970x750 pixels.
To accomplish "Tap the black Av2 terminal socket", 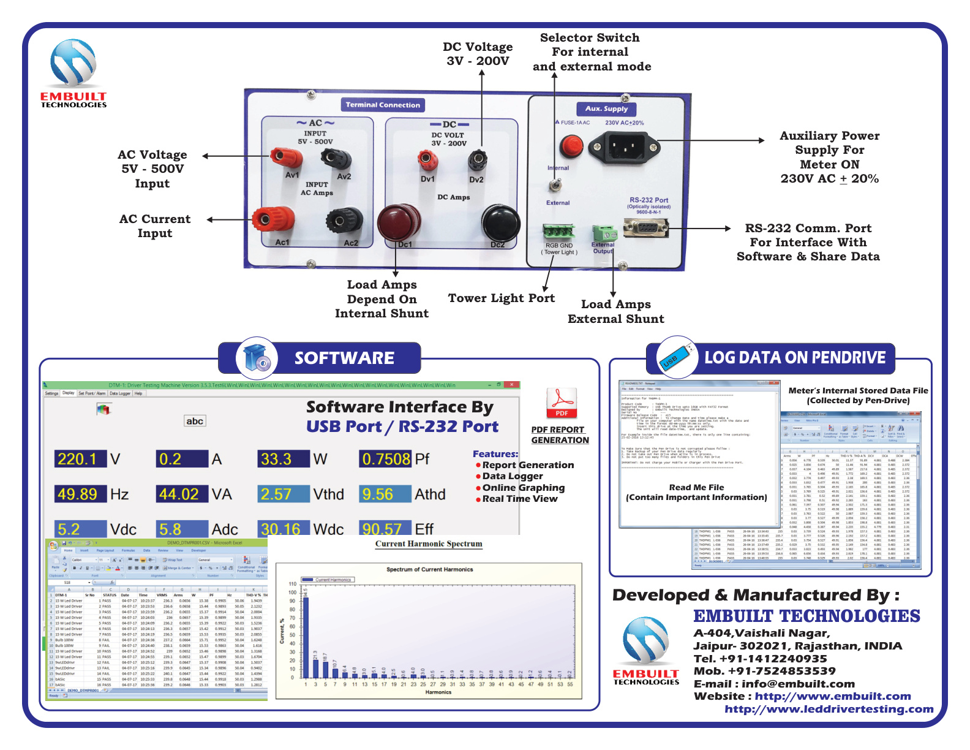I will coord(336,159).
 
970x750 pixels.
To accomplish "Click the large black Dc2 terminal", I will coord(500,223).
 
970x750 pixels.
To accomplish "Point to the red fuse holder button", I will coord(571,146).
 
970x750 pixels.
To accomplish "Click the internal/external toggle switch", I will coord(555,185).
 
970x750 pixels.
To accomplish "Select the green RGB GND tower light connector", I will coord(558,232).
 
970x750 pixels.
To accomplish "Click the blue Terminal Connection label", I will coord(383,105).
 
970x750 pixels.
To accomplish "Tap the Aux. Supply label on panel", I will coord(606,109).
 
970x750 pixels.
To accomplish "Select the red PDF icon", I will coord(562,403).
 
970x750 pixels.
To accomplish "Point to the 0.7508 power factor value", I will coord(385,459).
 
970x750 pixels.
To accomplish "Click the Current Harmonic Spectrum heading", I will coord(429,544).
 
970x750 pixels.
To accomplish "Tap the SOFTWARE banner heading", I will coord(344,358).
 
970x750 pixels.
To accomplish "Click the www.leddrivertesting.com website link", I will coord(829,709).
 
